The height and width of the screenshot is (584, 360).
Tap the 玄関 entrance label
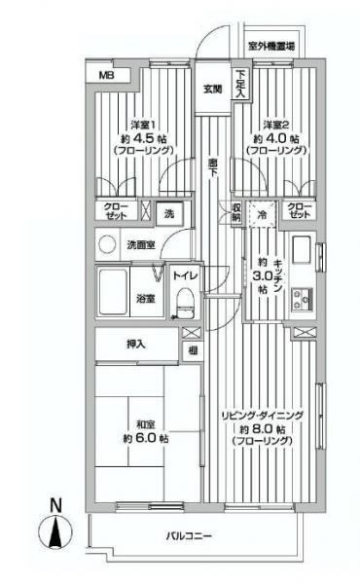pyautogui.click(x=212, y=90)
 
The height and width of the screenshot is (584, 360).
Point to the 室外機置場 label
pyautogui.click(x=271, y=46)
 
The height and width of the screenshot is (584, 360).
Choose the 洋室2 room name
pyautogui.click(x=276, y=123)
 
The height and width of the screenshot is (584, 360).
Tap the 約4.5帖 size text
pyautogui.click(x=142, y=137)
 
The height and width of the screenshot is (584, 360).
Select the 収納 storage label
pyautogui.click(x=236, y=211)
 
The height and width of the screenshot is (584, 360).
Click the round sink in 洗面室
pyautogui.click(x=107, y=244)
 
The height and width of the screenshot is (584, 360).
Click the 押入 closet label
pyautogui.click(x=136, y=344)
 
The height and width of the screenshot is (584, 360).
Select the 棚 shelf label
pyautogui.click(x=194, y=350)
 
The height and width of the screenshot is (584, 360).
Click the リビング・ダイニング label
pyautogui.click(x=264, y=415)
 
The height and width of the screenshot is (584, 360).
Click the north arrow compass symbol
pyautogui.click(x=55, y=531)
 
